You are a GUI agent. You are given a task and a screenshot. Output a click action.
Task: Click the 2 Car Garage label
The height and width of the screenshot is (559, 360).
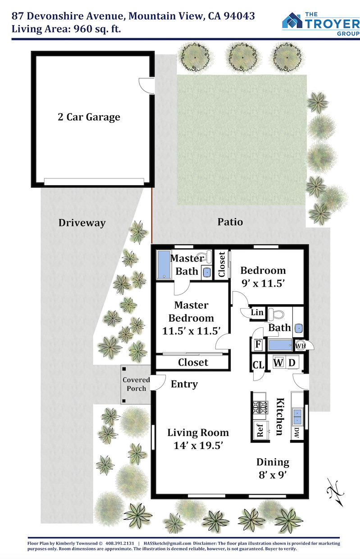click(89, 117)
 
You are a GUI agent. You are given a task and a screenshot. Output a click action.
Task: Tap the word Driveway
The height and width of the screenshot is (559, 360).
click(82, 223)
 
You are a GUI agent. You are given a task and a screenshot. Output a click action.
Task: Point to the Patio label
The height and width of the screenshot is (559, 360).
click(230, 222)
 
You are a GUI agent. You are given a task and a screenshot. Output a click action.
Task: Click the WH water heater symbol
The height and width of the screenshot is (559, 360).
click(300, 346)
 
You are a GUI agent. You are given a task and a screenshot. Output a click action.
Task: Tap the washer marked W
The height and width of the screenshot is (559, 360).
click(278, 362)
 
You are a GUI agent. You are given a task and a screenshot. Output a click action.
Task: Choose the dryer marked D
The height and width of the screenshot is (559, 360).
click(292, 362)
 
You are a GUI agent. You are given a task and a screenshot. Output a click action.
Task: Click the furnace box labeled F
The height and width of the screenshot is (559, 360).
click(258, 344)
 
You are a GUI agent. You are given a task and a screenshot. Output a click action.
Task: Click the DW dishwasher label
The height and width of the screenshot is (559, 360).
click(296, 432)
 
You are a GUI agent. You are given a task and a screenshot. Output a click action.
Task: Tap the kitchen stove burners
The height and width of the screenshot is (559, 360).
click(260, 407)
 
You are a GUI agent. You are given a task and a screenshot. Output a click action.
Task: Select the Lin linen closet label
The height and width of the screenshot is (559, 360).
click(257, 312)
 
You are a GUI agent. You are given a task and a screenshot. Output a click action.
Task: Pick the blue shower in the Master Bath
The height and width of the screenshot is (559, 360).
click(164, 265)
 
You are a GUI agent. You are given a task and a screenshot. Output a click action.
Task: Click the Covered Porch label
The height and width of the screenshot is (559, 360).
click(136, 384)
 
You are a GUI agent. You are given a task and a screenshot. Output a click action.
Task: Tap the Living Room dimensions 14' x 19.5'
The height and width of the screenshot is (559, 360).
click(198, 445)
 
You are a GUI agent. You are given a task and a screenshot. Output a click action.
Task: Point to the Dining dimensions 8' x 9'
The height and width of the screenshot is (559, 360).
click(273, 475)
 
